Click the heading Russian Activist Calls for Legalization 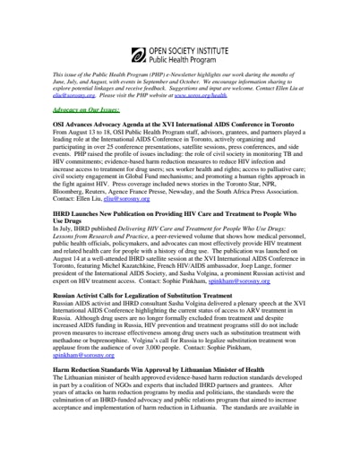point(142,294)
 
